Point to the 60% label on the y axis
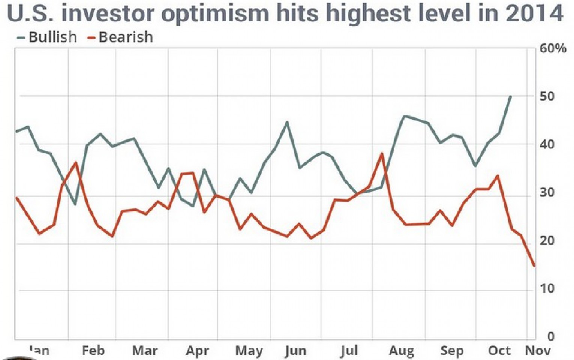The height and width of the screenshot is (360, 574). [553, 49]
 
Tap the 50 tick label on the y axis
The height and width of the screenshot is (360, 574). [546, 96]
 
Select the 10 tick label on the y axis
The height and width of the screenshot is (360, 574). [546, 288]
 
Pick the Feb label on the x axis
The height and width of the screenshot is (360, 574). [93, 351]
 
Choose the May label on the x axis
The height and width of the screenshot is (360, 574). [249, 351]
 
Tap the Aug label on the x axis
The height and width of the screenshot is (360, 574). [402, 351]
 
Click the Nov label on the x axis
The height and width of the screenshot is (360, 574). [538, 351]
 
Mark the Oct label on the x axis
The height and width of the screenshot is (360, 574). [499, 351]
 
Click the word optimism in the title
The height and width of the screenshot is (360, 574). [215, 13]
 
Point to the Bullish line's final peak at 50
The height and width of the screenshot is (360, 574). [510, 96]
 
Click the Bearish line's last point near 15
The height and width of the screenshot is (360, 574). [534, 266]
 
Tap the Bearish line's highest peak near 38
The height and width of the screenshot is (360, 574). [382, 153]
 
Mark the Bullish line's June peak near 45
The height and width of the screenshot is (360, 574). [287, 122]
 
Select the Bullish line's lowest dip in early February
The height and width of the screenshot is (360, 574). [75, 204]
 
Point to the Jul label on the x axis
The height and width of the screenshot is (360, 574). [349, 351]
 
